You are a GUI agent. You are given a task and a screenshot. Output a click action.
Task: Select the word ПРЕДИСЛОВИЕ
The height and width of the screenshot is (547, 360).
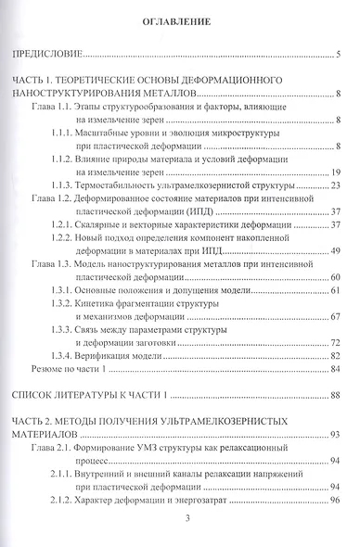46,55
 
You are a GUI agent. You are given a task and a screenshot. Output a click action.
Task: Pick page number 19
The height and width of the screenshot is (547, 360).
338,172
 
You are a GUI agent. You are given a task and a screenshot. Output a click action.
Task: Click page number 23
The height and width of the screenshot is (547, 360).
338,185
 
